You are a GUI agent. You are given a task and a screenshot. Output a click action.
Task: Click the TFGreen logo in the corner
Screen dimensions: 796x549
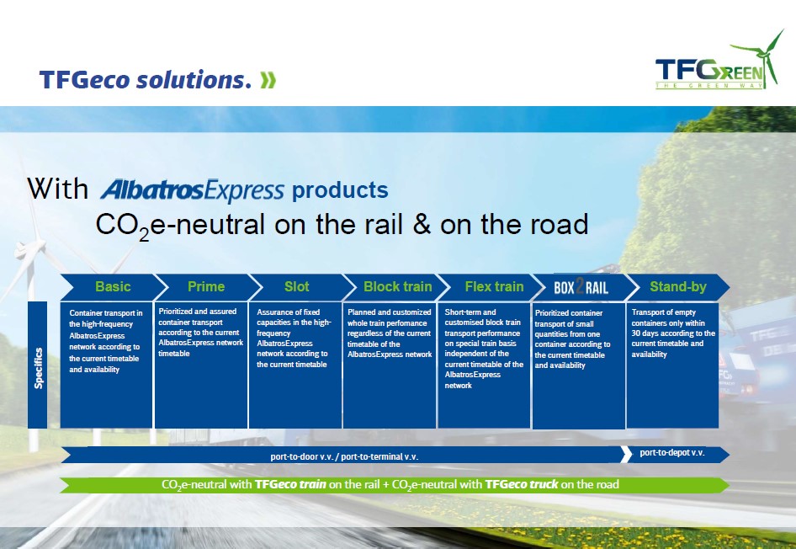click(719, 62)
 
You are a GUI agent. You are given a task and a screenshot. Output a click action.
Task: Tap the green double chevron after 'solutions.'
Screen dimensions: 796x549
click(268, 80)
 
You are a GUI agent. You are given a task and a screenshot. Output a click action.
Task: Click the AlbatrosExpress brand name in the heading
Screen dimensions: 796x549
click(192, 190)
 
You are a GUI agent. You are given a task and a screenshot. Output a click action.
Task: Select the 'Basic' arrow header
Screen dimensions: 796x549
click(113, 287)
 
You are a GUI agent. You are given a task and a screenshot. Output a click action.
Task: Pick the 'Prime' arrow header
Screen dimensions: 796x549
click(206, 287)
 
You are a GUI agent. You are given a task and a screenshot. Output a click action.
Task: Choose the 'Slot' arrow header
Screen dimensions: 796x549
click(296, 287)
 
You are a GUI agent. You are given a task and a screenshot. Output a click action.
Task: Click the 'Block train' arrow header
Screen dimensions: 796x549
click(397, 287)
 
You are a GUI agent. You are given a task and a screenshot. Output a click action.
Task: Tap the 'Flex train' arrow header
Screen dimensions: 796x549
click(494, 287)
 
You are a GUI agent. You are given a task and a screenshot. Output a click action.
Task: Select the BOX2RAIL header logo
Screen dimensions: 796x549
click(581, 288)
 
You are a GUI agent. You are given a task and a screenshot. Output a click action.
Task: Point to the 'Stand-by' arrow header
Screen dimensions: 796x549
click(677, 287)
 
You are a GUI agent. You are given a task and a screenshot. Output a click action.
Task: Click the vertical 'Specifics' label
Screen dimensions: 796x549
click(38, 368)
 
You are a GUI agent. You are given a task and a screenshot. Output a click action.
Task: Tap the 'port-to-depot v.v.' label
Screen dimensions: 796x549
click(672, 452)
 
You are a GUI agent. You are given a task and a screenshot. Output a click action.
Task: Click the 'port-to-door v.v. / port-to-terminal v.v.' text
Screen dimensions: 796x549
click(344, 456)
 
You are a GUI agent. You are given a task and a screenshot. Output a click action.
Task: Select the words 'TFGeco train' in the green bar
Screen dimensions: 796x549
click(290, 484)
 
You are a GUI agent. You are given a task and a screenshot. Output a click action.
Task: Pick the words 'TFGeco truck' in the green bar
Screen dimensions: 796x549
click(522, 484)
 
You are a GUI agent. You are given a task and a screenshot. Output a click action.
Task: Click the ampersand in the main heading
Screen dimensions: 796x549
click(422, 225)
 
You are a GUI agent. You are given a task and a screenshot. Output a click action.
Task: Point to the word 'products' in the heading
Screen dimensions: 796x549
click(340, 190)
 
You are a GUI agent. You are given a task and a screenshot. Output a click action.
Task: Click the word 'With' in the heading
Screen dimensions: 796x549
click(57, 189)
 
